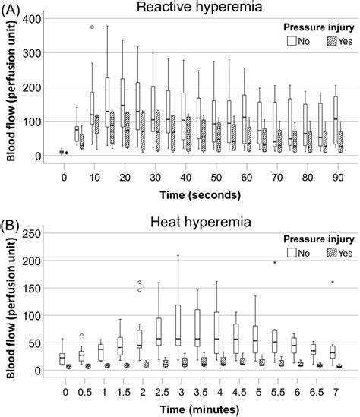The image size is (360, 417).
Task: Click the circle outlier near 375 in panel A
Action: pos(92,27)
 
